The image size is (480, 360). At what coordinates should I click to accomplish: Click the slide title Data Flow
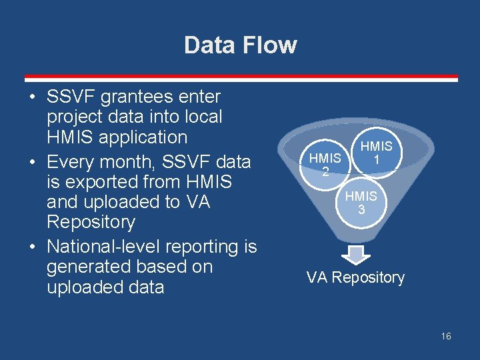(x=240, y=45)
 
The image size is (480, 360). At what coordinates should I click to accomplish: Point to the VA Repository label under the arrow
(x=355, y=277)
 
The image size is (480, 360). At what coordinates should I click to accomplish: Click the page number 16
(x=446, y=336)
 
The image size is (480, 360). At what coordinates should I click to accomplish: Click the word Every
(x=73, y=161)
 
